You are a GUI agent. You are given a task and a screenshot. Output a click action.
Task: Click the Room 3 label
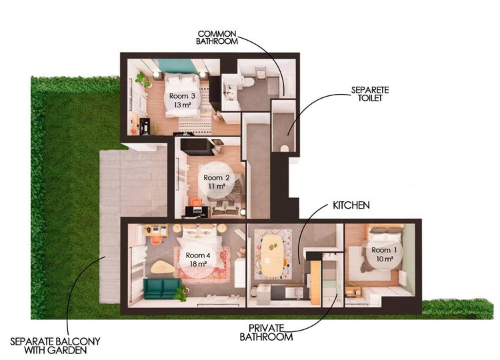point(182,100)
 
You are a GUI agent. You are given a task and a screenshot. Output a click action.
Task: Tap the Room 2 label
point(217,181)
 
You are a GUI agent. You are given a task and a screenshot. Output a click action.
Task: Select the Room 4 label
point(198,259)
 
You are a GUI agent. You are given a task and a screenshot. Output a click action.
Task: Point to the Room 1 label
point(384,254)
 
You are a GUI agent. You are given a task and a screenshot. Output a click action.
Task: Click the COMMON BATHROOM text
point(217,37)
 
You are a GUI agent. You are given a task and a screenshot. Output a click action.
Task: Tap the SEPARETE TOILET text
point(370,94)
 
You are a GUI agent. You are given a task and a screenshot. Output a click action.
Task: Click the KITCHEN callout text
point(351,205)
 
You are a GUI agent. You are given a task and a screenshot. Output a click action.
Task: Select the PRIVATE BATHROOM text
point(266,332)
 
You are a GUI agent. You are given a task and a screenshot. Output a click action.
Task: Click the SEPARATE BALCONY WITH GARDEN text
point(55,345)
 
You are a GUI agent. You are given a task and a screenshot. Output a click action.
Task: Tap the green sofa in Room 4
point(162,289)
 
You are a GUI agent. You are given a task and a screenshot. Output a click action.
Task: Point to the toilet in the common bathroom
point(248,81)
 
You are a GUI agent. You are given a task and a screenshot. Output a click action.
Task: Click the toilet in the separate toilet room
point(284,149)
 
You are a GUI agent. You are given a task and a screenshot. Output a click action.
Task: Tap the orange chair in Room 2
point(197,202)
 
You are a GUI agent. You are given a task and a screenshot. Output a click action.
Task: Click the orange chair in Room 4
point(156,240)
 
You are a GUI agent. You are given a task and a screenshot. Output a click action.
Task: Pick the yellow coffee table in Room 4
point(163,267)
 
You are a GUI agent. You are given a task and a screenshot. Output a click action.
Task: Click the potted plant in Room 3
point(143,79)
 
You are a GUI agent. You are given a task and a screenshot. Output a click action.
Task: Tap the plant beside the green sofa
point(181,293)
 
